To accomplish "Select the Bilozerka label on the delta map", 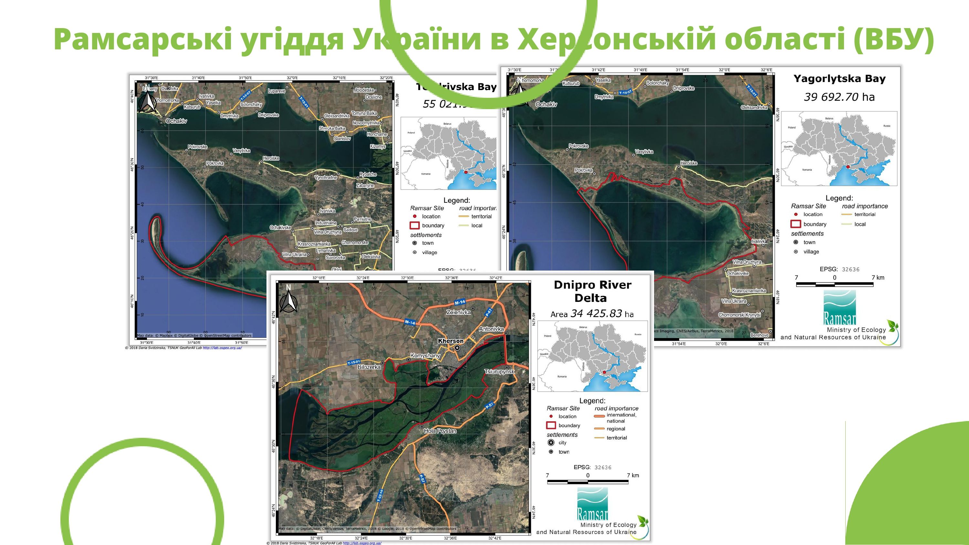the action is pyautogui.click(x=369, y=367).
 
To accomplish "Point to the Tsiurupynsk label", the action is pyautogui.click(x=499, y=372).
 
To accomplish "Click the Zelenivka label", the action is pyautogui.click(x=458, y=312).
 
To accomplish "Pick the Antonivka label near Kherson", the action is pyautogui.click(x=491, y=329).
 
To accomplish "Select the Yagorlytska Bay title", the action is pyautogui.click(x=839, y=79).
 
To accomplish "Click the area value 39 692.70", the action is pyautogui.click(x=831, y=97).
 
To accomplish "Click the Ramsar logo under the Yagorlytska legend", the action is pyautogui.click(x=839, y=308).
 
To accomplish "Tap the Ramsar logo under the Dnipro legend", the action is pyautogui.click(x=592, y=504).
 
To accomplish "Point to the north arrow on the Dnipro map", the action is pyautogui.click(x=289, y=300).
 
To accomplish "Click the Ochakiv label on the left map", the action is pyautogui.click(x=176, y=121).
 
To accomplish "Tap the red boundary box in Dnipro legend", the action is pyautogui.click(x=551, y=426).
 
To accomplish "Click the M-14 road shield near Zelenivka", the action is pyautogui.click(x=460, y=302).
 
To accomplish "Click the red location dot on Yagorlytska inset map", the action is pyautogui.click(x=848, y=167).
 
